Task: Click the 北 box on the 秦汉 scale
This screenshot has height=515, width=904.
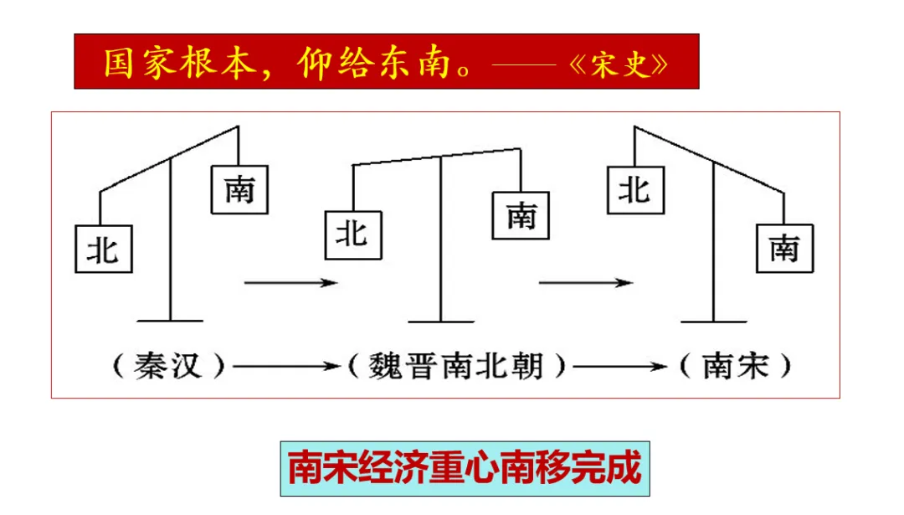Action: (x=104, y=248)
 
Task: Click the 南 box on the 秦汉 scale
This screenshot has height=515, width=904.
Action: (x=239, y=189)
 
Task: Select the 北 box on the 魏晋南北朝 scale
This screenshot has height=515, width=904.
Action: (x=352, y=234)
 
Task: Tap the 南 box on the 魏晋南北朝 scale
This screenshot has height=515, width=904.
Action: (x=521, y=215)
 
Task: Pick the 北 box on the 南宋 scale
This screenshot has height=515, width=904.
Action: (x=635, y=190)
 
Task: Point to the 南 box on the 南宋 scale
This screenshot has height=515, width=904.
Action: (x=784, y=248)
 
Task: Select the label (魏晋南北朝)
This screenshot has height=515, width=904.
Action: (x=456, y=366)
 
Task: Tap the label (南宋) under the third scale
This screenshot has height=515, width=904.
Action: (x=735, y=366)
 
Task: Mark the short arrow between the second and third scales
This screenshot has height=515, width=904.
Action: (x=586, y=284)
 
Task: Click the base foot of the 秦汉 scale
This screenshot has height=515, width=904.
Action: (x=170, y=320)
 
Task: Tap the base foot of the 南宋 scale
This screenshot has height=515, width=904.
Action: (x=714, y=320)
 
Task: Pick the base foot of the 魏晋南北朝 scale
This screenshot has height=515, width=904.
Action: (x=441, y=320)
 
